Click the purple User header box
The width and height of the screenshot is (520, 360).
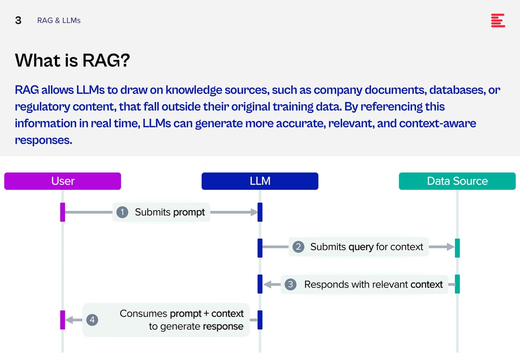[62, 181]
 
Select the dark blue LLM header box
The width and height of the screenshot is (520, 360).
[260, 181]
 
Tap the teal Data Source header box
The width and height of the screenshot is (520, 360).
[457, 181]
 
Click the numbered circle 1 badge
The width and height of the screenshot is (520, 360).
[122, 212]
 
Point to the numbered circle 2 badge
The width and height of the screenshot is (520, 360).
[298, 247]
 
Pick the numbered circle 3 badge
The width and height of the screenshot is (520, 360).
[290, 284]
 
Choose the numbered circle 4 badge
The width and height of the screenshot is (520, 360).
[92, 320]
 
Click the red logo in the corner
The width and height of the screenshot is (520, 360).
[498, 20]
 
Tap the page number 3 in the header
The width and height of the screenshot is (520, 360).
[18, 20]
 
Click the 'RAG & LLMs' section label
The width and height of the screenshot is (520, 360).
[59, 20]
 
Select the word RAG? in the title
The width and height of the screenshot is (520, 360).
[106, 60]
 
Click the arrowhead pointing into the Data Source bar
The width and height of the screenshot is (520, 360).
[451, 247]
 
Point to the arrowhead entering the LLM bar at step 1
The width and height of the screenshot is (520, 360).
[254, 212]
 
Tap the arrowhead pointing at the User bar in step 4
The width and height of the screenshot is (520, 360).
[69, 320]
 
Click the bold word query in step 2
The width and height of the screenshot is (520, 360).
[361, 247]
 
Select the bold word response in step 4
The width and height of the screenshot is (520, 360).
[223, 327]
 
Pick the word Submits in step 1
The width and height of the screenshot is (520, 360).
[153, 212]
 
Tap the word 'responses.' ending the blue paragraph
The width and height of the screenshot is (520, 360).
[44, 140]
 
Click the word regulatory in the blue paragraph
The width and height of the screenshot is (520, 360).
[42, 107]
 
